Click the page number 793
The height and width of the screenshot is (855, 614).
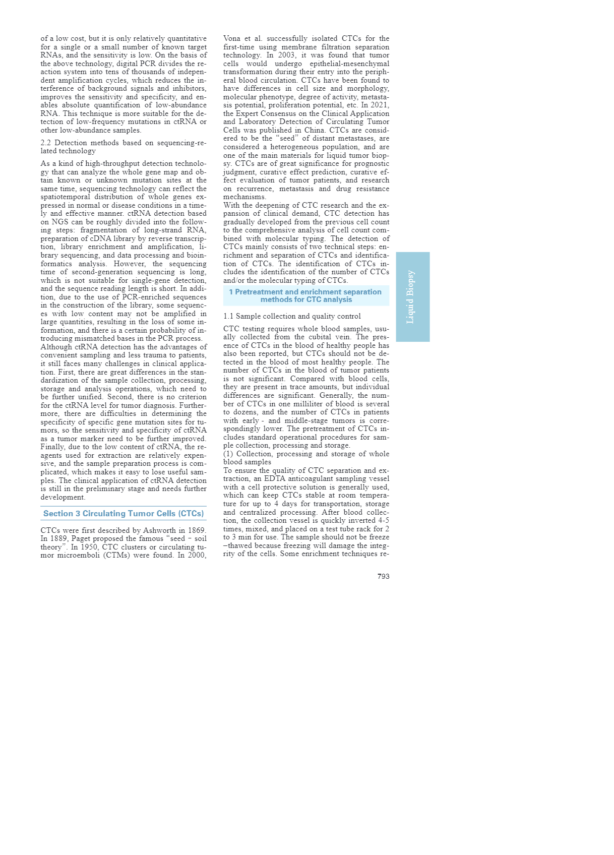[x=383, y=576]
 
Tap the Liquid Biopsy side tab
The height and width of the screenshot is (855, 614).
[x=412, y=297]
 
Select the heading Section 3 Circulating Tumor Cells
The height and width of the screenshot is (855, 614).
[x=124, y=514]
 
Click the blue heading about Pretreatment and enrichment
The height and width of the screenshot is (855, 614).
[x=305, y=295]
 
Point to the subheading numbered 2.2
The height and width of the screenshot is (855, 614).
[x=123, y=147]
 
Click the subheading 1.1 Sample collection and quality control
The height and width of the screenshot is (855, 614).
[x=292, y=317]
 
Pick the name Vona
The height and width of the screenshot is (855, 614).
[x=232, y=39]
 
